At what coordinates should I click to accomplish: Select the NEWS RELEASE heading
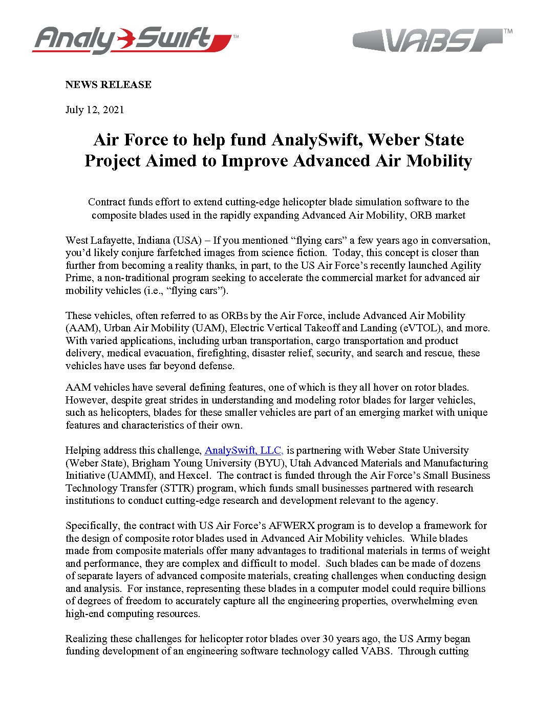pos(108,84)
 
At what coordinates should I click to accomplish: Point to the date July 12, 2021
pos(95,110)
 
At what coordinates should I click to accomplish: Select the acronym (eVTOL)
pos(417,328)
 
